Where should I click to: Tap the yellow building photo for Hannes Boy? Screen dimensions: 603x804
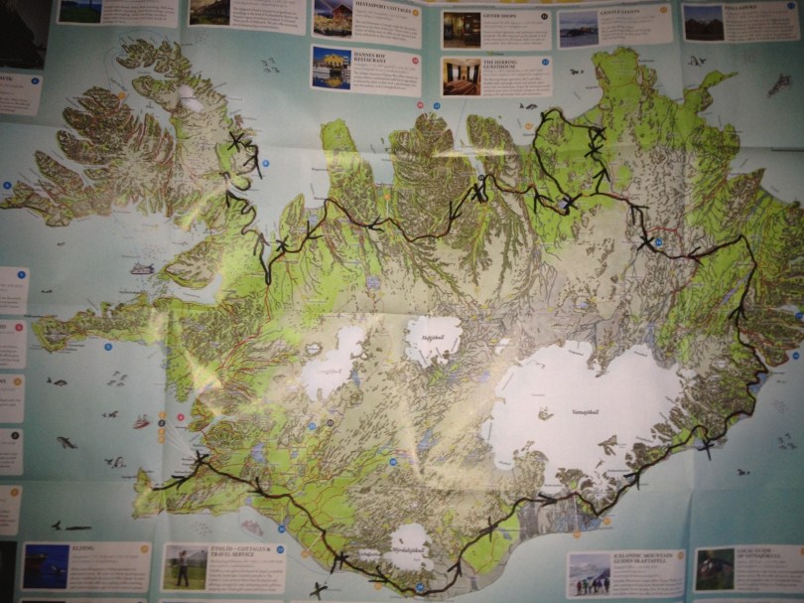pos(331,69)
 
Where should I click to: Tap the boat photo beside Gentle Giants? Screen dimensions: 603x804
pos(578,29)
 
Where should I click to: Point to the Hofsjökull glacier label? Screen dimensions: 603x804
pos(433,338)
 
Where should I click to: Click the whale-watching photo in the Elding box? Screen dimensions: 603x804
pos(46,566)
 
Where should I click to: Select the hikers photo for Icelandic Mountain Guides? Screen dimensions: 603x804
pos(590,574)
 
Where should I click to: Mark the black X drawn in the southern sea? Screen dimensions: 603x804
pos(317,590)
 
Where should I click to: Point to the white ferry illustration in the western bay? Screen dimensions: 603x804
pos(142,268)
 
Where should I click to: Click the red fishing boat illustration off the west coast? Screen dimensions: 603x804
pos(141,422)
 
